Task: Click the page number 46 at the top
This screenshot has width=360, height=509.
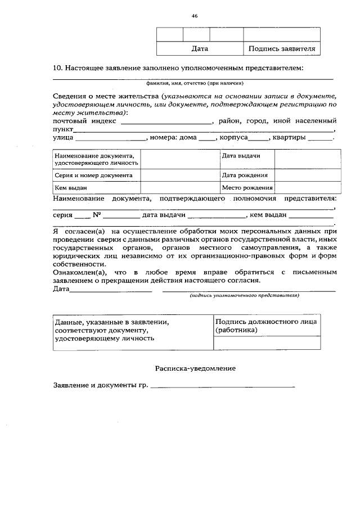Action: (195, 16)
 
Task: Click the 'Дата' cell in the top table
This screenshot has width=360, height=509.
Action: (200, 49)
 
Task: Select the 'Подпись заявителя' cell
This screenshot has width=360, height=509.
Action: (282, 49)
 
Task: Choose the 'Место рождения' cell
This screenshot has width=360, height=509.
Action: (247, 188)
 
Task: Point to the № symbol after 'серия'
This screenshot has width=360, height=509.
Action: (96, 214)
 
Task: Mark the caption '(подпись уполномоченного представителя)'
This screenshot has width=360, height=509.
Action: (244, 295)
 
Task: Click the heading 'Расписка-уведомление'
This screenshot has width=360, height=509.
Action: (195, 368)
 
